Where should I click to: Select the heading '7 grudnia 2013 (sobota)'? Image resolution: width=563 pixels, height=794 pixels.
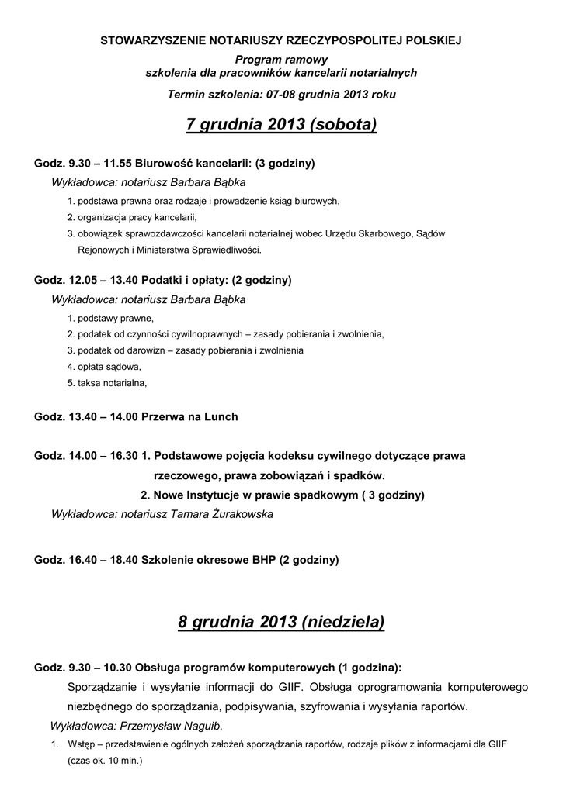pyautogui.click(x=281, y=124)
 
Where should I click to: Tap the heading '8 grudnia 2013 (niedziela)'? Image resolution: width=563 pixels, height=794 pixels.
pyautogui.click(x=281, y=622)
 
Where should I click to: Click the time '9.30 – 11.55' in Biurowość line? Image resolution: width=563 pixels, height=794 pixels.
pyautogui.click(x=100, y=164)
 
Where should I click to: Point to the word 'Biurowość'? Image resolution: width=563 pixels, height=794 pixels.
pyautogui.click(x=165, y=164)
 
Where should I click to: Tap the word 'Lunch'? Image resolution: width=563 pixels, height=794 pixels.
pyautogui.click(x=220, y=416)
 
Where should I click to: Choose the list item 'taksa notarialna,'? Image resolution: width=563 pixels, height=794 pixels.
pyautogui.click(x=111, y=383)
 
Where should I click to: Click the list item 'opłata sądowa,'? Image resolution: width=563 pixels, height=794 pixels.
pyautogui.click(x=108, y=367)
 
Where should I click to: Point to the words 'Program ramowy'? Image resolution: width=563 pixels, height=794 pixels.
pyautogui.click(x=281, y=60)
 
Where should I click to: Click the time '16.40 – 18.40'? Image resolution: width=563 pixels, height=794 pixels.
pyautogui.click(x=103, y=559)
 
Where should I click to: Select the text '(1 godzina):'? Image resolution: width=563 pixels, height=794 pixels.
pyautogui.click(x=370, y=667)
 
